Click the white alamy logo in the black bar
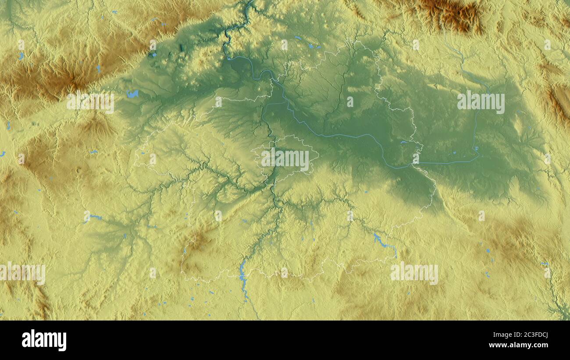pos(44,340)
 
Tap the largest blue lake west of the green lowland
pos(132,93)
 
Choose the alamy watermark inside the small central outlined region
pos(285,159)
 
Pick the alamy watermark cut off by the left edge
pos(22,274)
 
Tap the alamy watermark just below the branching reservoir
pos(414,273)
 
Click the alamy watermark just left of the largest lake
pos(90,102)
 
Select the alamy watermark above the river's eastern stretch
pos(481,102)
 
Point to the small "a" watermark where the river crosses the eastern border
pos(415,159)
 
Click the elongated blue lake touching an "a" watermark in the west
pos(94,217)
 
